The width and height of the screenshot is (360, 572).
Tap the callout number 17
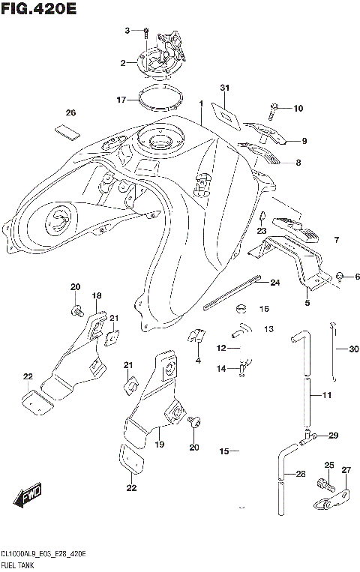click(x=121, y=99)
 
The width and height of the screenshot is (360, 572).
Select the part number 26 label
click(x=70, y=113)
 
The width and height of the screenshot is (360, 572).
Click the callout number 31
click(x=223, y=88)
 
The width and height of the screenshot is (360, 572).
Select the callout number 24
click(x=274, y=283)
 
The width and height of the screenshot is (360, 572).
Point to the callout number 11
click(x=326, y=395)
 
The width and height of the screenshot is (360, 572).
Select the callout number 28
click(x=300, y=474)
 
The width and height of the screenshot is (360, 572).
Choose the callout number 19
click(x=159, y=445)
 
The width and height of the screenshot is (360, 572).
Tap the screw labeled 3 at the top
click(x=145, y=31)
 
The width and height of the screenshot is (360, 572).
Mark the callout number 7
click(x=337, y=240)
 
